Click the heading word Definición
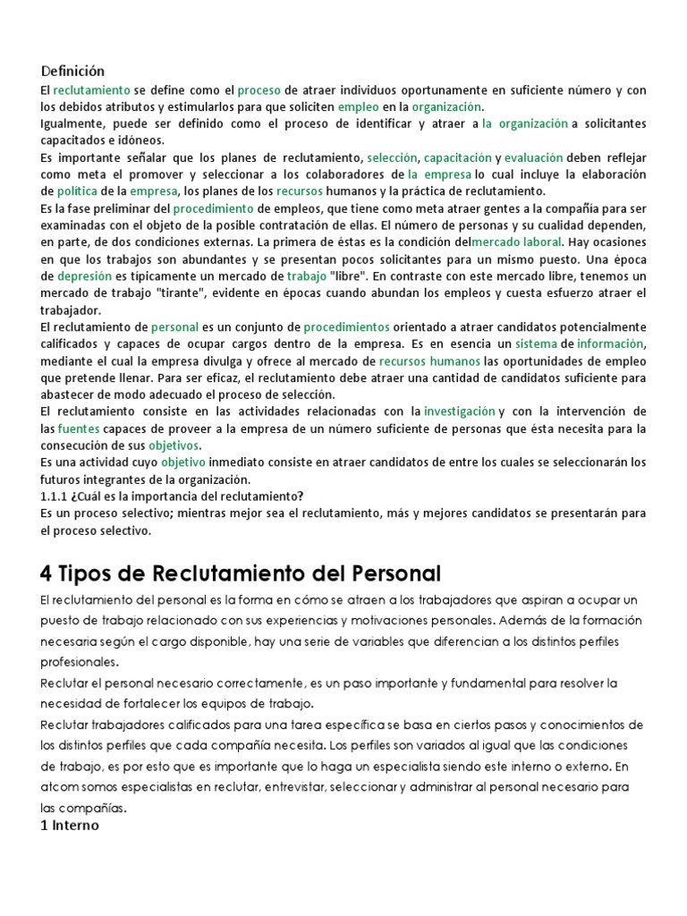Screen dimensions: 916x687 point(72,71)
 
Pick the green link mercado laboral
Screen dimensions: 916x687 point(516,242)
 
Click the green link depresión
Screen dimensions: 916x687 point(86,276)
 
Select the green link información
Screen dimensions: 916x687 point(610,343)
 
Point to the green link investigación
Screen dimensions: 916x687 point(459,411)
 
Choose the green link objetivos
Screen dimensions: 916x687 point(174,445)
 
